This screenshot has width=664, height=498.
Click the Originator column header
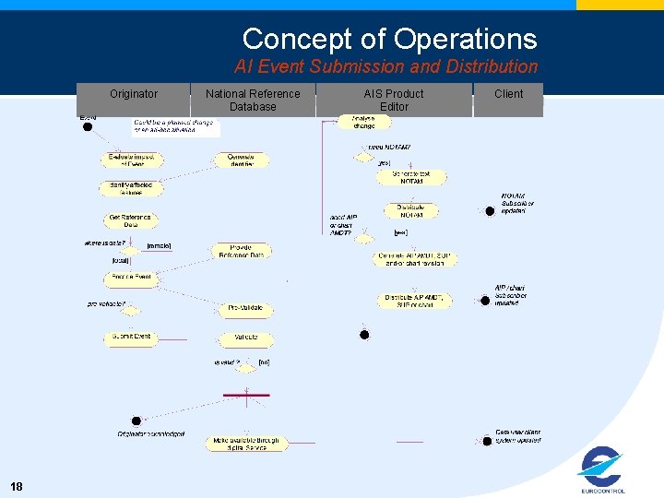pyautogui.click(x=134, y=94)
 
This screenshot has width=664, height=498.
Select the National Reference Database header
pyautogui.click(x=253, y=100)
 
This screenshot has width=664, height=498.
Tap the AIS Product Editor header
pyautogui.click(x=394, y=100)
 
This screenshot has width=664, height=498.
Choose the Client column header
pyautogui.click(x=508, y=94)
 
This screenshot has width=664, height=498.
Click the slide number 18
pyautogui.click(x=17, y=486)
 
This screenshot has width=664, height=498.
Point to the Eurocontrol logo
pyautogui.click(x=602, y=469)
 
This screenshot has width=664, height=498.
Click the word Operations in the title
pyautogui.click(x=465, y=39)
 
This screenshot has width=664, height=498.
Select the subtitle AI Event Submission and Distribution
pyautogui.click(x=385, y=66)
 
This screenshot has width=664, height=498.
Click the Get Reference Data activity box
pyautogui.click(x=129, y=221)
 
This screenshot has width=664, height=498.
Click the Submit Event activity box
pyautogui.click(x=130, y=338)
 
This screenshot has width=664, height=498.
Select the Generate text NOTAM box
pyautogui.click(x=411, y=177)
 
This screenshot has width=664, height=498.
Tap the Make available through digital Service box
pyautogui.click(x=246, y=444)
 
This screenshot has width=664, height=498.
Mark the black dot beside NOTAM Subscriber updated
pyautogui.click(x=490, y=210)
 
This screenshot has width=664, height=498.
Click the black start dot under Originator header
pyautogui.click(x=88, y=127)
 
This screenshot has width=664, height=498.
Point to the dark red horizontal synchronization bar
pyautogui.click(x=247, y=395)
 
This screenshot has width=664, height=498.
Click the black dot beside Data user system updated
pyautogui.click(x=485, y=438)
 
